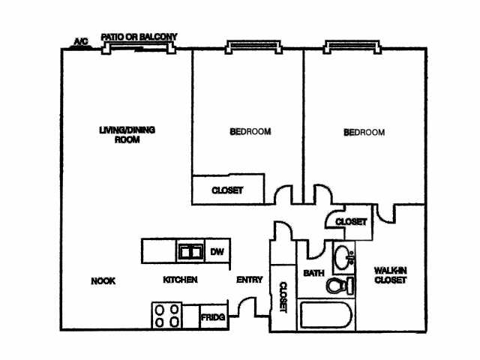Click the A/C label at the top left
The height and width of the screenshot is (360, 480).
pos(79,41)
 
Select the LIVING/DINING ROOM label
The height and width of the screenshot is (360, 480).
pos(127,135)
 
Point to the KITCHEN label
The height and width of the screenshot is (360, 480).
pos(181,280)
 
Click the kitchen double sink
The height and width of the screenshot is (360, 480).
pos(190,251)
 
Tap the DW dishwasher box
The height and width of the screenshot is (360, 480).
pos(217,251)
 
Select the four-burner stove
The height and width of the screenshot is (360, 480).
pos(166,316)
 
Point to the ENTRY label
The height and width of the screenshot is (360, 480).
pos(250,280)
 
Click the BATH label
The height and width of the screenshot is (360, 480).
pos(313,273)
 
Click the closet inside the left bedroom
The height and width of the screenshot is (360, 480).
pos(228,190)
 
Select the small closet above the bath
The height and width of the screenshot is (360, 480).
pos(350,222)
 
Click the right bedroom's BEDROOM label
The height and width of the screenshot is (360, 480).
pos(364,133)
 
